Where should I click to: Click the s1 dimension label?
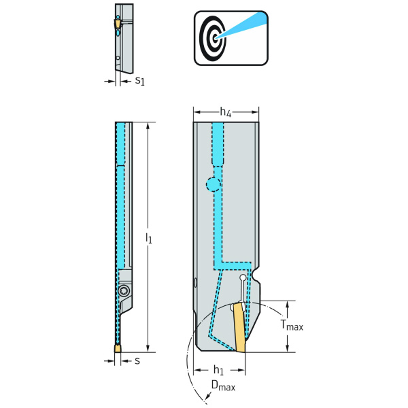click(x=139, y=81)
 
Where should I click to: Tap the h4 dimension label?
click(x=226, y=112)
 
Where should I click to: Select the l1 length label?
click(x=149, y=239)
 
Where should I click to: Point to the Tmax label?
click(x=292, y=326)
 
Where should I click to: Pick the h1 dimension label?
click(x=218, y=371)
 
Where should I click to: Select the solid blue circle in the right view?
click(x=214, y=184)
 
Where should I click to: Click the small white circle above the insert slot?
click(x=243, y=277)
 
